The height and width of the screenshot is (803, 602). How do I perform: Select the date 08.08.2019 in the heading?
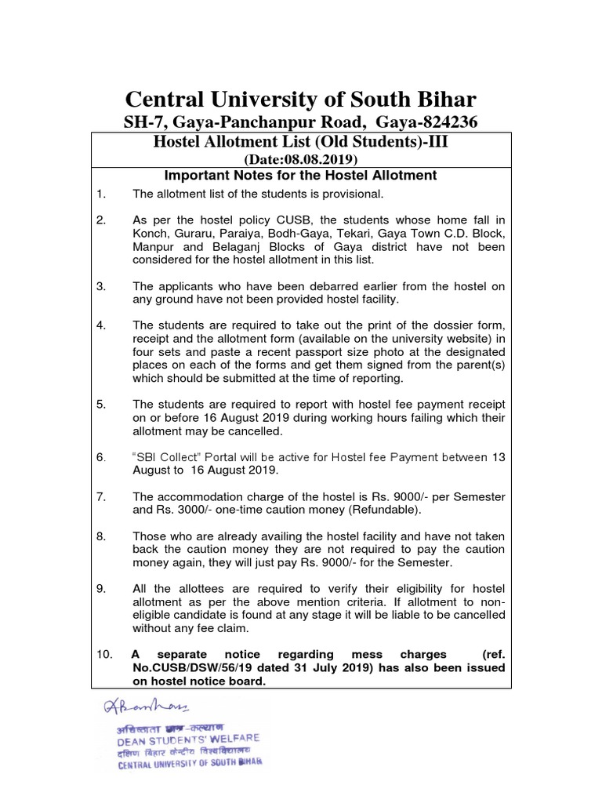(x=324, y=158)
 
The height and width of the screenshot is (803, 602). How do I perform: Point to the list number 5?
(x=100, y=404)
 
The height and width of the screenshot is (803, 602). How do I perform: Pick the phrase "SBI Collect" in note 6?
(x=169, y=457)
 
